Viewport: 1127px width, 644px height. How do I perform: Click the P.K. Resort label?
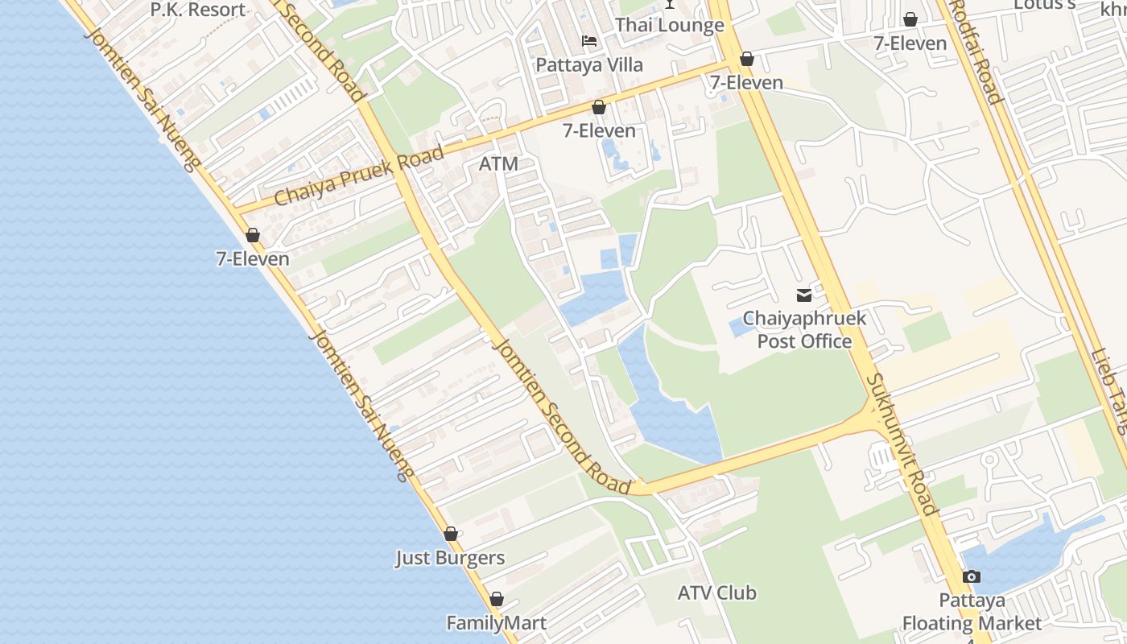tap(198, 10)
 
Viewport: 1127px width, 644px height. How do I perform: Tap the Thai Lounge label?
tap(669, 25)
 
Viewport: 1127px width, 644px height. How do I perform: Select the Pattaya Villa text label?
tap(589, 64)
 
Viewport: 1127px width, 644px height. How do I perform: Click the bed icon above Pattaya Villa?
tap(589, 41)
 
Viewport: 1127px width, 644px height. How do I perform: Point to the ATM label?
tap(498, 164)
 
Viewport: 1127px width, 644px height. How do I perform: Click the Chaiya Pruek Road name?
tap(359, 175)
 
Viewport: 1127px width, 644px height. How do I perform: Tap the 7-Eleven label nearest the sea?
tap(252, 258)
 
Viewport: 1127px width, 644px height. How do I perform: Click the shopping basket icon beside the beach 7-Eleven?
tap(253, 235)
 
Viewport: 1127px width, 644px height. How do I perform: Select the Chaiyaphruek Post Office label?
tap(804, 329)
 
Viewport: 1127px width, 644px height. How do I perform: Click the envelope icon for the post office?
tap(804, 295)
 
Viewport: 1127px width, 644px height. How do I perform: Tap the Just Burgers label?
tap(450, 558)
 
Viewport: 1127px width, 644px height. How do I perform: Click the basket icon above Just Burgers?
tap(451, 534)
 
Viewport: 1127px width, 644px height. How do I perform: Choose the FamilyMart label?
tap(497, 623)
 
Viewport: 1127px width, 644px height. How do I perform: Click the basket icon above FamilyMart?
tap(497, 600)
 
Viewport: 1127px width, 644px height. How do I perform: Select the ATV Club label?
tap(716, 593)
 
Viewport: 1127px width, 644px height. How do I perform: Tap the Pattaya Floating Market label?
tap(972, 612)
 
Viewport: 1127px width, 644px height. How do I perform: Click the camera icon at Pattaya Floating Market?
tap(972, 576)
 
